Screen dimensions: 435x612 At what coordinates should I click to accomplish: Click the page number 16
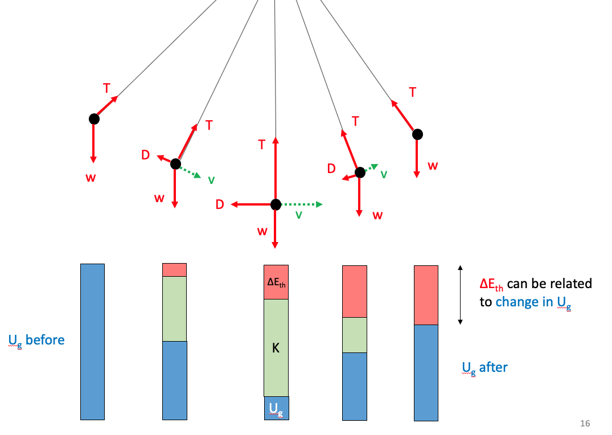click(x=585, y=424)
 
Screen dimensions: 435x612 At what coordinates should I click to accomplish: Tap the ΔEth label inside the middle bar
click(x=276, y=282)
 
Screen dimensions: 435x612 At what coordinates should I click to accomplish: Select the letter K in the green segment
click(x=276, y=348)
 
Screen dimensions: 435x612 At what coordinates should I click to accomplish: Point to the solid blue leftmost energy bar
click(x=92, y=342)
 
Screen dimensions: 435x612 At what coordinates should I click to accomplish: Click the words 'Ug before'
click(x=36, y=340)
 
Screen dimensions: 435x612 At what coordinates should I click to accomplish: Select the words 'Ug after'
click(x=484, y=368)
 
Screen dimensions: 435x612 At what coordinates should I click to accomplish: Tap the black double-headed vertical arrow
click(x=460, y=294)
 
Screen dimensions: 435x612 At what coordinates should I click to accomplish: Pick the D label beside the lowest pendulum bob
click(x=220, y=204)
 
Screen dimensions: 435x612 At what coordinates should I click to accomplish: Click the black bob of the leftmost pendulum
click(x=94, y=119)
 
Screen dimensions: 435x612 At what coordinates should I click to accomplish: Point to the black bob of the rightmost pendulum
click(x=417, y=134)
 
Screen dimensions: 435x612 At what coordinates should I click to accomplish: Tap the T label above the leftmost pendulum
click(x=106, y=88)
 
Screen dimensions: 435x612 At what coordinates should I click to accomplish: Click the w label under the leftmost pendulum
click(x=91, y=178)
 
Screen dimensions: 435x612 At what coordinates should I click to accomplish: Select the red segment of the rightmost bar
click(x=426, y=295)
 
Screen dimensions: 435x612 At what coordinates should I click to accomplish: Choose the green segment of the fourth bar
click(x=354, y=335)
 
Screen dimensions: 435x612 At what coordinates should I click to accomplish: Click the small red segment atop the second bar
click(x=174, y=270)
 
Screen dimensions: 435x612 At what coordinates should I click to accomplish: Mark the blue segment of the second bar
click(x=174, y=380)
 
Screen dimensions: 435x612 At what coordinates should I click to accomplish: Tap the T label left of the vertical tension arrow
click(x=262, y=145)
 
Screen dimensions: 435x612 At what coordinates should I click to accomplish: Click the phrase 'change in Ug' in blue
click(x=533, y=302)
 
